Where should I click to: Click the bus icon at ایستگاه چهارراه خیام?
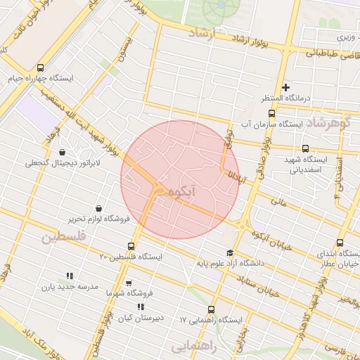pos(39,68)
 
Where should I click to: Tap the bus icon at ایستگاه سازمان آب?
pos(271,113)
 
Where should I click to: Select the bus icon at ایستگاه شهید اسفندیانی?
pos(304,148)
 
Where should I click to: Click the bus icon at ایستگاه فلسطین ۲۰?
pos(131,246)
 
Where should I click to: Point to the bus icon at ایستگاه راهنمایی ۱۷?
pos(211,309)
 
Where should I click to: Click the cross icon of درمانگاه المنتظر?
pos(285,86)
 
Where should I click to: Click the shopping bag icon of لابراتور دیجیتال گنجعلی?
pos(63,152)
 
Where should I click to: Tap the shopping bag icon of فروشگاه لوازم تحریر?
pos(97,208)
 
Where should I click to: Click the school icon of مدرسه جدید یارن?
pos(69,276)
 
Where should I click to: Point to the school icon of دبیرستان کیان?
pos(141,307)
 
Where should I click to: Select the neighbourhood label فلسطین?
pos(62,237)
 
